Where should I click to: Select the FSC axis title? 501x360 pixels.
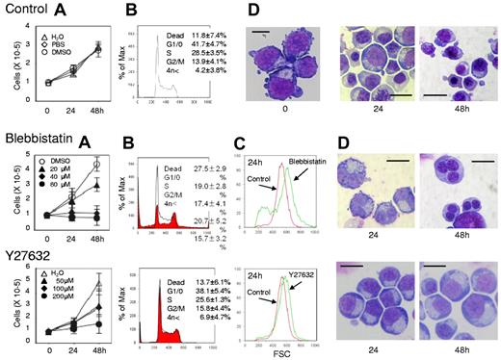click(x=282, y=353)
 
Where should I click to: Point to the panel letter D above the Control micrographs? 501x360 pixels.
click(x=251, y=13)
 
